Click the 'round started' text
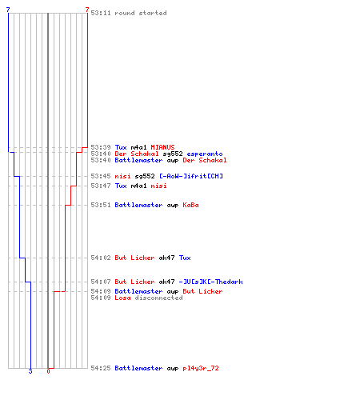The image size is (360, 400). click(x=141, y=13)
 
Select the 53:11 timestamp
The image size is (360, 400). click(x=101, y=13)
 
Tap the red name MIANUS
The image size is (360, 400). click(x=162, y=147)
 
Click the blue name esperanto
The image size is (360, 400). click(x=205, y=154)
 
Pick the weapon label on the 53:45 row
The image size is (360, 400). click(x=145, y=176)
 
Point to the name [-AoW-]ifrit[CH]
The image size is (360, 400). click(x=191, y=176)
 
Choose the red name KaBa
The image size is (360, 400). click(x=190, y=205)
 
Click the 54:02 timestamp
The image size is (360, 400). click(x=101, y=258)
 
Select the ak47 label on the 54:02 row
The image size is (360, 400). click(x=166, y=258)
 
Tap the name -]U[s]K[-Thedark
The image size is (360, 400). click(x=210, y=282)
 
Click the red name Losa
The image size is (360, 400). click(x=122, y=298)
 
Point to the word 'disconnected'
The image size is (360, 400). click(x=158, y=298)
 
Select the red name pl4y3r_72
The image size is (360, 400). click(x=201, y=368)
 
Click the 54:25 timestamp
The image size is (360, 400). click(x=101, y=368)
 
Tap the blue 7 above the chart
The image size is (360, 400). click(x=8, y=10)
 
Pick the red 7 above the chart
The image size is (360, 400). click(x=87, y=10)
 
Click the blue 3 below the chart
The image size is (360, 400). click(x=30, y=371)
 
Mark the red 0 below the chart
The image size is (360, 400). click(x=48, y=371)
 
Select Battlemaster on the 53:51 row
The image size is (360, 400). click(x=138, y=205)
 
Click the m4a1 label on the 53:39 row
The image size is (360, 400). click(x=138, y=147)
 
